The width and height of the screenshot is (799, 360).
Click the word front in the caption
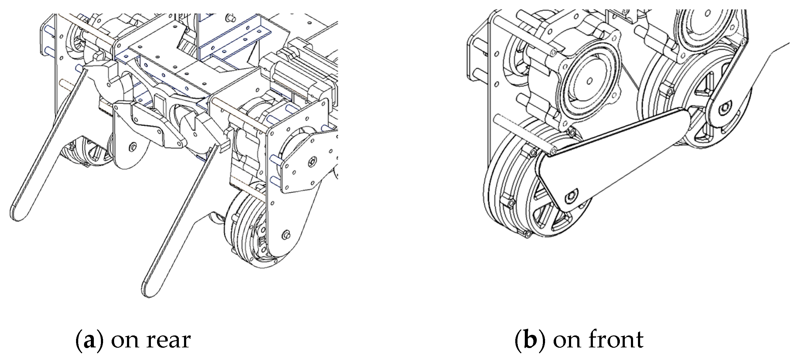[616, 340]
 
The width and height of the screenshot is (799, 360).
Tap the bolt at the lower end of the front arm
[572, 197]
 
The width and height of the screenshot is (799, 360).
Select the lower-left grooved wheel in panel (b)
[515, 192]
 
